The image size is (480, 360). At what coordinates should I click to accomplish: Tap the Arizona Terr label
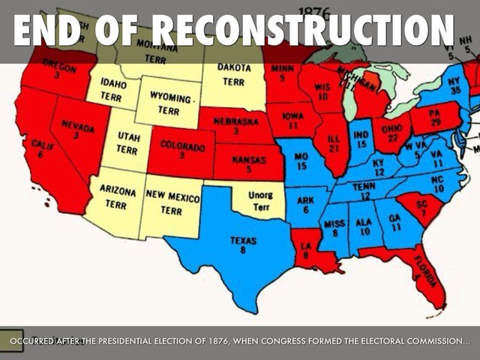tap(117, 197)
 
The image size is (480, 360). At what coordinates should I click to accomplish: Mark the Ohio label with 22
tap(392, 133)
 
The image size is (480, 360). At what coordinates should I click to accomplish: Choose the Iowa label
tap(293, 121)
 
